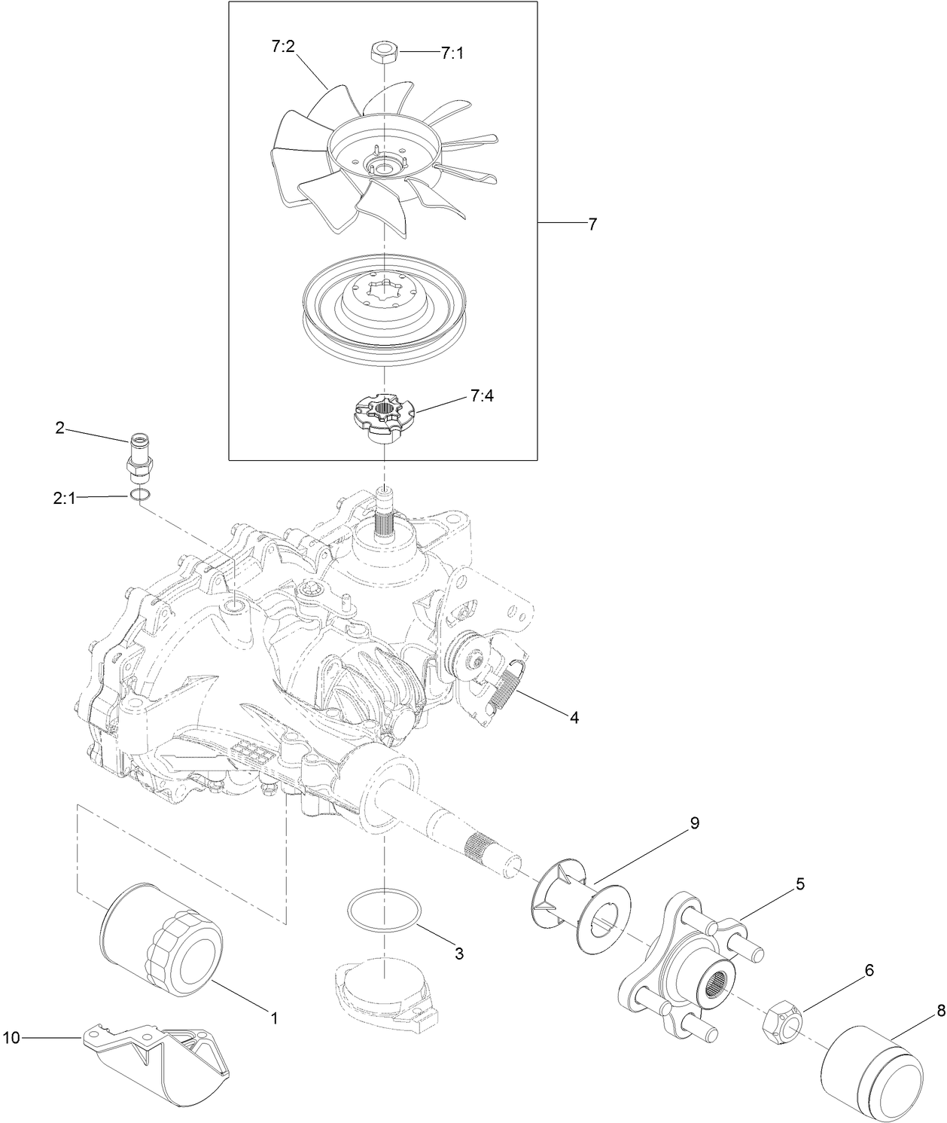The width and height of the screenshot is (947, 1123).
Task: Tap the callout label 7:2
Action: coord(285,47)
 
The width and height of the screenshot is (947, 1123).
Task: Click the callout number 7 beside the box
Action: coord(592,224)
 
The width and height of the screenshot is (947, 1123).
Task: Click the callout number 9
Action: coord(693,823)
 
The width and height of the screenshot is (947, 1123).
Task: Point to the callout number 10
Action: coord(12,1038)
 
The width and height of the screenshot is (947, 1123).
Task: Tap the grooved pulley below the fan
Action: coord(384,301)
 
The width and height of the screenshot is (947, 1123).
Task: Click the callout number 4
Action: coord(574,718)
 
